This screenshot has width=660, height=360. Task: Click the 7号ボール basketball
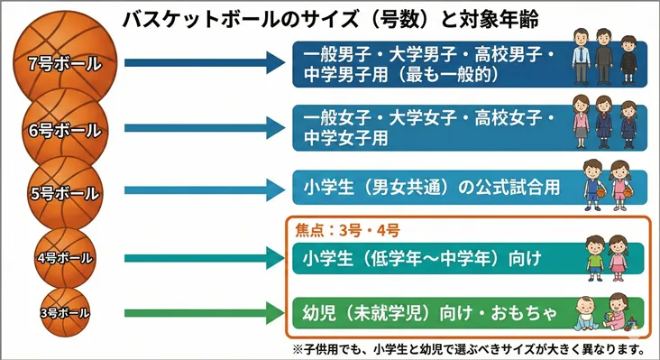tap(63, 62)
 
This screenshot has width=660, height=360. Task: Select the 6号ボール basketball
tap(63, 130)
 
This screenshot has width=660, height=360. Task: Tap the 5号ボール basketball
tap(63, 192)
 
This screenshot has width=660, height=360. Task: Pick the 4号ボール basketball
tap(64, 258)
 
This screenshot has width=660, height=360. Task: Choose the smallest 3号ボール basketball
tap(63, 312)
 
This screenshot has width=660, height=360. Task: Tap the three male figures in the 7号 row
tap(604, 56)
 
